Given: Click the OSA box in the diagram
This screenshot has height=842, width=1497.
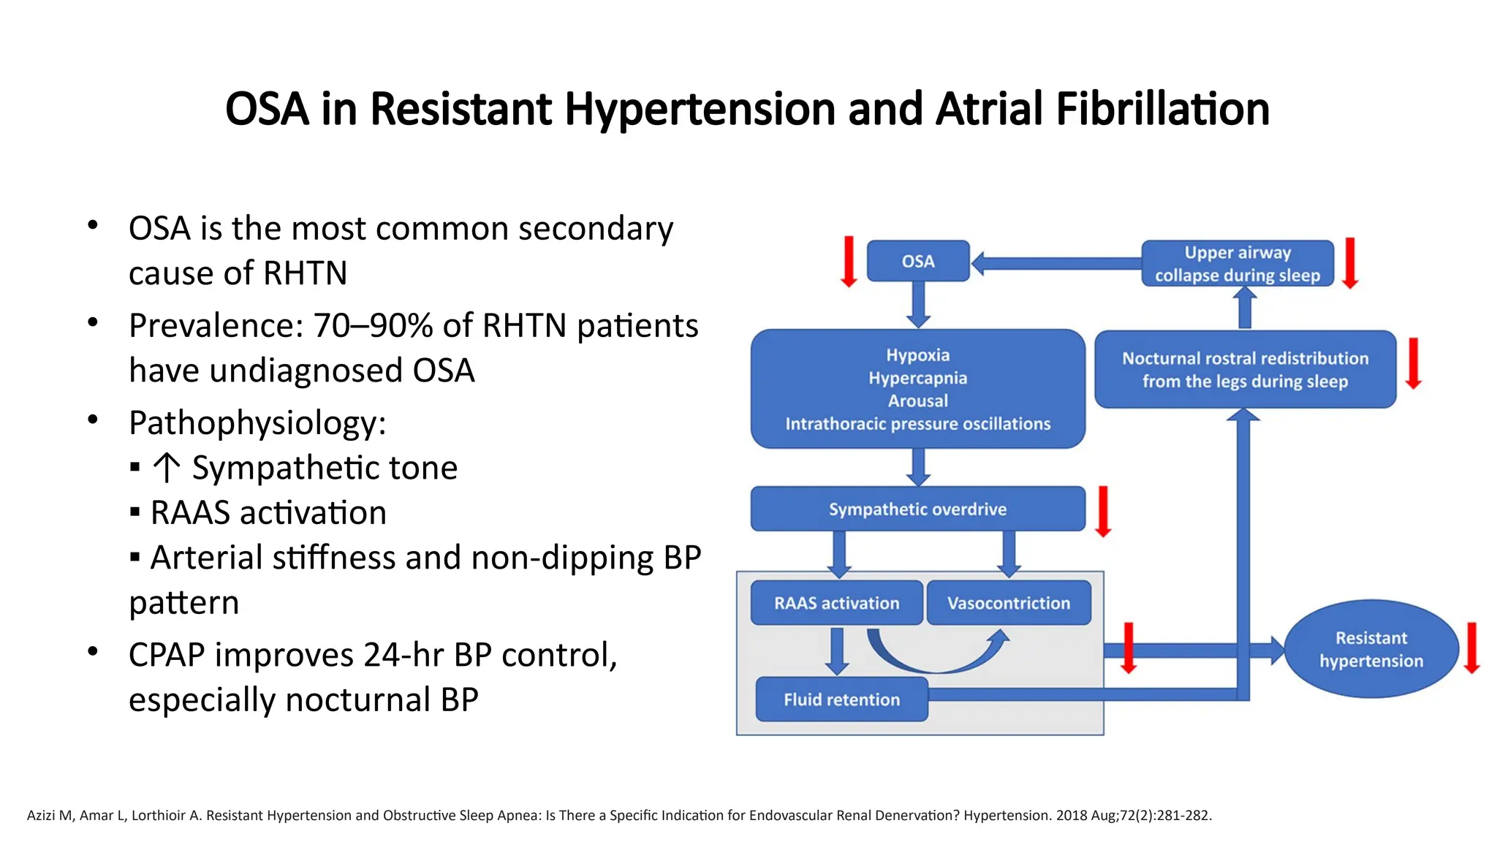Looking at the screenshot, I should pyautogui.click(x=917, y=261).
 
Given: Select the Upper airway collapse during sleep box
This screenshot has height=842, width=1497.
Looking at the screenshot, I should pyautogui.click(x=1237, y=263).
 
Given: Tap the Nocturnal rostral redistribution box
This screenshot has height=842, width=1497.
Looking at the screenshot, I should pyautogui.click(x=1244, y=369).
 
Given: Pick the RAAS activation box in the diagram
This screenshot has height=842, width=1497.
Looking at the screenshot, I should pyautogui.click(x=836, y=603).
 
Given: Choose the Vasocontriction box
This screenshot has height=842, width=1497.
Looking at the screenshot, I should pyautogui.click(x=1008, y=603).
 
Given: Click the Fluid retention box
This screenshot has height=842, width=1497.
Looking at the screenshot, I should pyautogui.click(x=841, y=699).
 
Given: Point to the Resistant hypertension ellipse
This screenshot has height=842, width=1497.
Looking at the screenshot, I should pyautogui.click(x=1371, y=649).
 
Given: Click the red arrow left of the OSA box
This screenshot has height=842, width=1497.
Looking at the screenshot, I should pyautogui.click(x=849, y=261).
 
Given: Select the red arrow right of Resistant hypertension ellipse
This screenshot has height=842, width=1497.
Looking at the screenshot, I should pyautogui.click(x=1471, y=648).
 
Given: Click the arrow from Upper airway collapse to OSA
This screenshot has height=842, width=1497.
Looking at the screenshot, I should pyautogui.click(x=1056, y=263).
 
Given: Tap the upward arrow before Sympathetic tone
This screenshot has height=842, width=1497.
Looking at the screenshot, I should pyautogui.click(x=167, y=468).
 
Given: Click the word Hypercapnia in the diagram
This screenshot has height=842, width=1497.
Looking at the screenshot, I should pyautogui.click(x=917, y=378).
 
